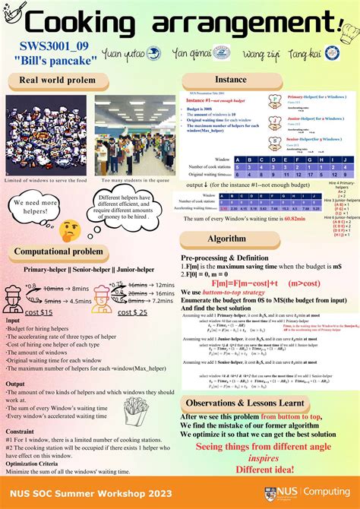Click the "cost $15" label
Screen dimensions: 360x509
39,312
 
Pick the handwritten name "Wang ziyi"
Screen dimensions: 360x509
263,55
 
